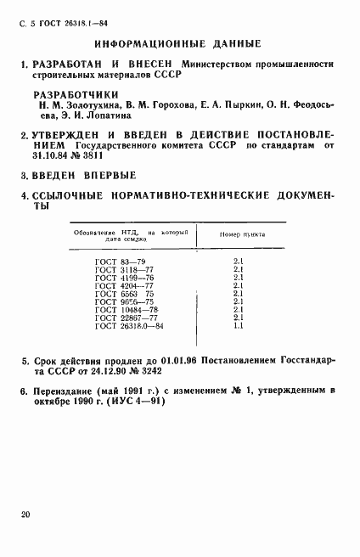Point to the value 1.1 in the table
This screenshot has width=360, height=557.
[239, 324]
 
